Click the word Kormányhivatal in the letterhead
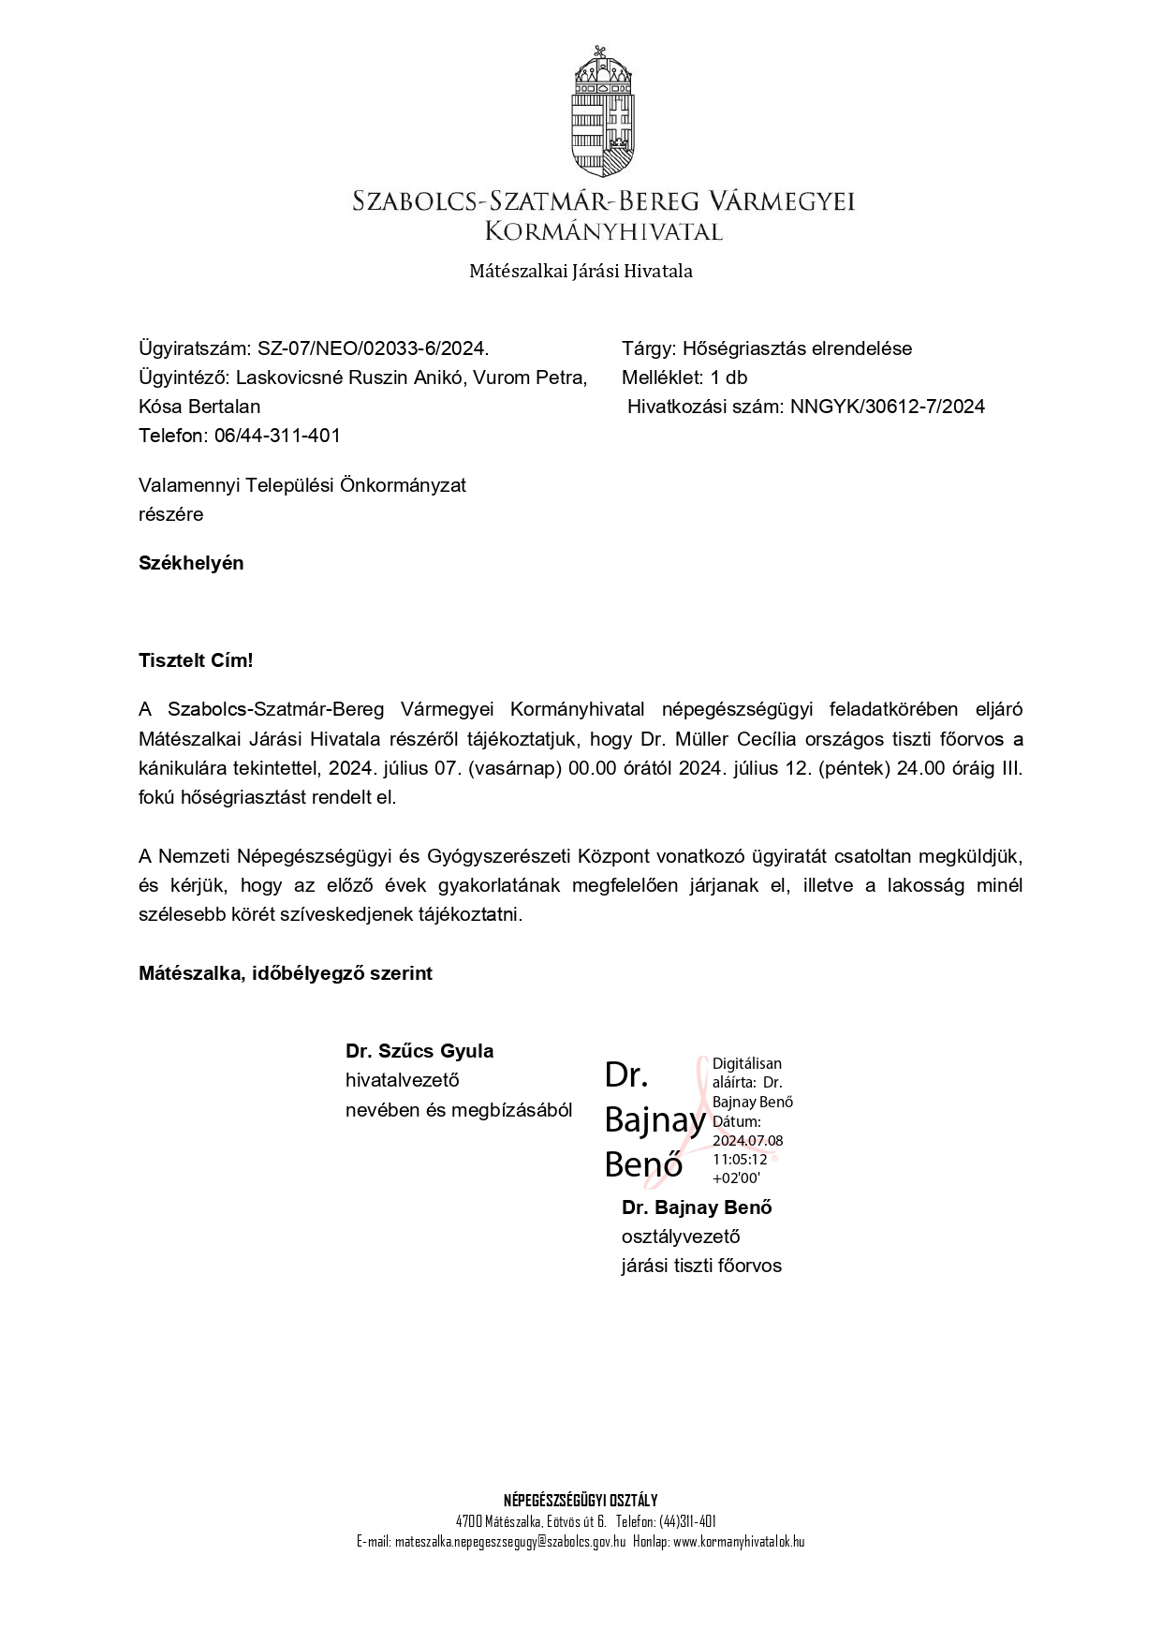603,230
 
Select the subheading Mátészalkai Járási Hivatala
581,272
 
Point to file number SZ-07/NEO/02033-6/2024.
373,348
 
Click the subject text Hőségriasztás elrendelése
797,348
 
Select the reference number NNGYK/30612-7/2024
887,407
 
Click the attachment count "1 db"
728,378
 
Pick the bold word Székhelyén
191,563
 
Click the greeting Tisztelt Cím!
196,660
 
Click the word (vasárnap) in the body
515,768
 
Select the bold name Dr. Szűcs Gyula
419,1051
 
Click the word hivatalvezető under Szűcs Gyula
403,1080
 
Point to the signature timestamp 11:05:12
740,1160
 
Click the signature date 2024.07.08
747,1141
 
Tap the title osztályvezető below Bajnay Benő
681,1237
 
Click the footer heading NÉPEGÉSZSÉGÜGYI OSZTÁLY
581,1501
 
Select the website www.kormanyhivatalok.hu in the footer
739,1542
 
